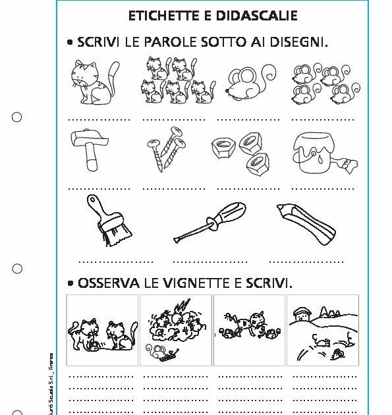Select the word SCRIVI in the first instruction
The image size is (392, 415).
point(99,43)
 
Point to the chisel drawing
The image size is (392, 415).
point(306,219)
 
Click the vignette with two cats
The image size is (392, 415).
point(102,330)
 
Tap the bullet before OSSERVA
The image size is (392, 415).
point(70,284)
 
